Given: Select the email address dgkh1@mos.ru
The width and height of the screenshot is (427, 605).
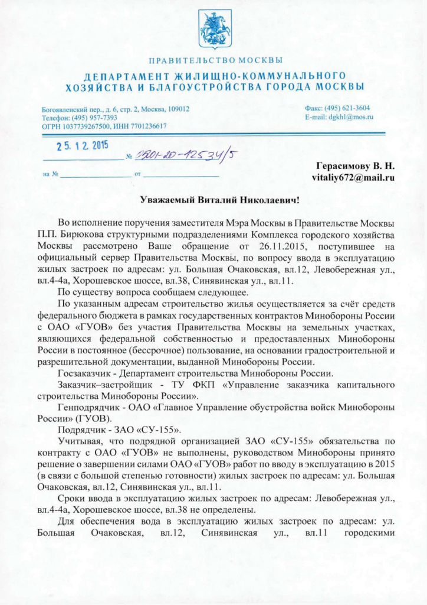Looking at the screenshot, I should pos(348,117).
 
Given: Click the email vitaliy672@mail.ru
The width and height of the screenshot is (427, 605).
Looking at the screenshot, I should pos(353,177).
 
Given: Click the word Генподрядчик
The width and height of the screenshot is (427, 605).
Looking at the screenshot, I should pos(86,406).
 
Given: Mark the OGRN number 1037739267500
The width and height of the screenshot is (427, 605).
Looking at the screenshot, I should pos(83,126).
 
